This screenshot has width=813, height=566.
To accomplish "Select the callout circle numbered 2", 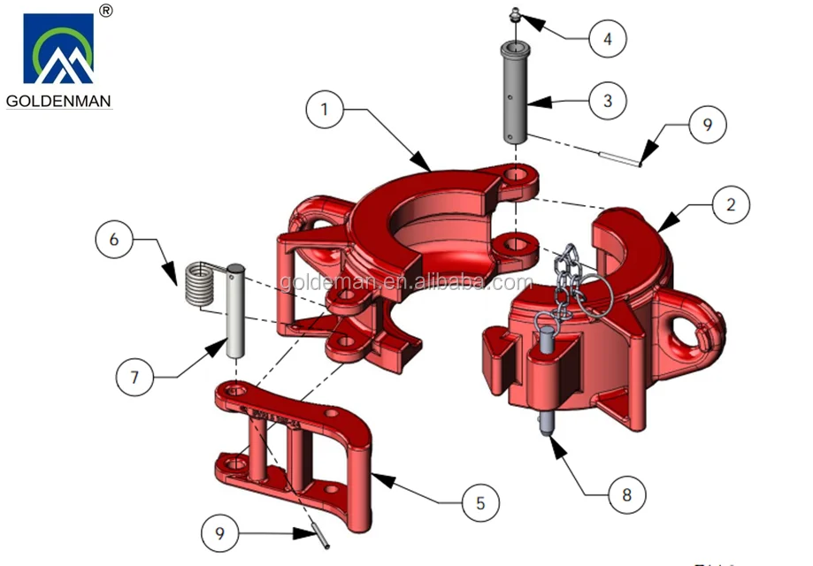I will [731, 205].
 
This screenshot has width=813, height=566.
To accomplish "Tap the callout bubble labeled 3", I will [607, 101].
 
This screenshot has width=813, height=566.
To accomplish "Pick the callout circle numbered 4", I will [607, 38].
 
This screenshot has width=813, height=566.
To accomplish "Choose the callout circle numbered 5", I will [480, 503].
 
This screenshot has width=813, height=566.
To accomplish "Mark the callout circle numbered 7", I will [135, 376].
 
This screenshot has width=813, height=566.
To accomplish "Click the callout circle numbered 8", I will [626, 493].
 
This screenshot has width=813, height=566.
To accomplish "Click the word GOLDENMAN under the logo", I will [58, 101].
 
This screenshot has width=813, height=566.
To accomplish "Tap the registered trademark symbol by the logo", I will [105, 11].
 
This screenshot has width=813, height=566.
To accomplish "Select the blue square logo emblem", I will [58, 50].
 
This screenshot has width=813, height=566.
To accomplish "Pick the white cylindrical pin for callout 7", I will [235, 310].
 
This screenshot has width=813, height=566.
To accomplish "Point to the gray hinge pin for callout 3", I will [516, 92].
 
